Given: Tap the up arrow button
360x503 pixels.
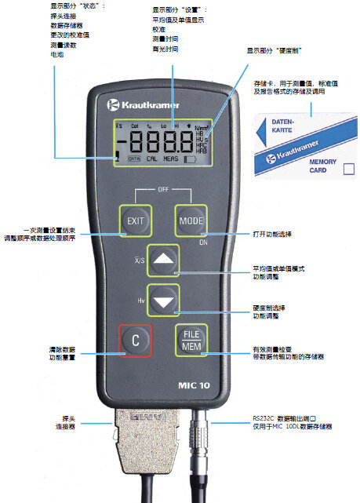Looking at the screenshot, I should point(165,258).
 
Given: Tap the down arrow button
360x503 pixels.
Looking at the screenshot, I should point(165,299).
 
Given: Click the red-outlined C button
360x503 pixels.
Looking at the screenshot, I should point(135,340).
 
